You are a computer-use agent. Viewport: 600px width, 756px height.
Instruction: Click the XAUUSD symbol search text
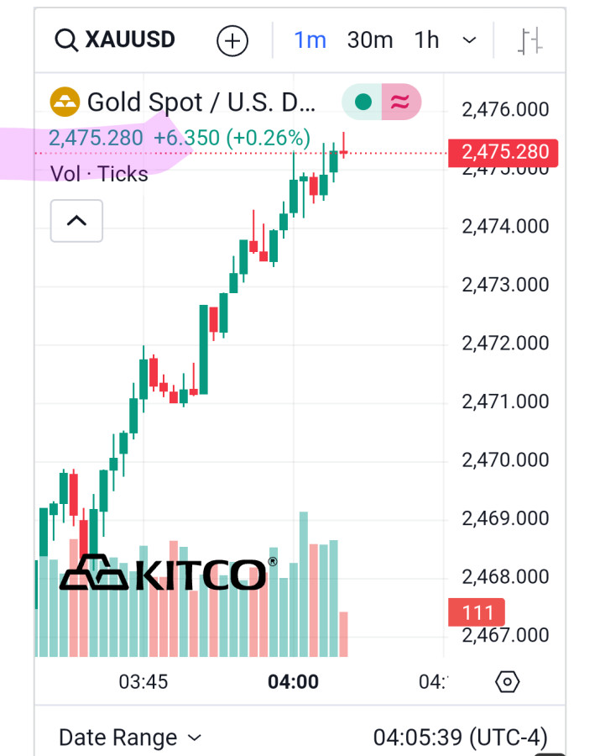click(129, 39)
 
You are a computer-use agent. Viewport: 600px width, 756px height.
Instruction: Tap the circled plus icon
click(232, 40)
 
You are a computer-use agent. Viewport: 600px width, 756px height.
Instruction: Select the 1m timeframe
click(310, 40)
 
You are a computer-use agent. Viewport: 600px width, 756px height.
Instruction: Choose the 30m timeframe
click(370, 40)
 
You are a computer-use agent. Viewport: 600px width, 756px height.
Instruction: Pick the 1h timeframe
click(426, 40)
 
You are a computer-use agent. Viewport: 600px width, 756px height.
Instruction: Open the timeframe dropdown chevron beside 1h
click(470, 40)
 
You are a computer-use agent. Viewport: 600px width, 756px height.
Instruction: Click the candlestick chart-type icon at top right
click(531, 40)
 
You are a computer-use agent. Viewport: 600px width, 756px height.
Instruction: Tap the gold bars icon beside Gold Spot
click(65, 102)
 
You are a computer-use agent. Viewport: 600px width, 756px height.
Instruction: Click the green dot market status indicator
click(363, 102)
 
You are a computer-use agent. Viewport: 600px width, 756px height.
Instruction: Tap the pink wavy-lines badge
click(401, 102)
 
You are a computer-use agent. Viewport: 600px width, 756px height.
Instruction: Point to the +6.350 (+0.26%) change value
click(232, 138)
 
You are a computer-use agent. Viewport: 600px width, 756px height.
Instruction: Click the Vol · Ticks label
click(99, 174)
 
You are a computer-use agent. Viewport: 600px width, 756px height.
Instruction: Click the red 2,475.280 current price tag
click(504, 152)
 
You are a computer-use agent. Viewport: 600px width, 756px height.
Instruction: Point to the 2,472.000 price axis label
click(505, 343)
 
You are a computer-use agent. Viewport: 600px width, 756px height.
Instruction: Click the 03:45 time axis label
click(143, 681)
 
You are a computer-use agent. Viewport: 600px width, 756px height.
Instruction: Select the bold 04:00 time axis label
click(293, 681)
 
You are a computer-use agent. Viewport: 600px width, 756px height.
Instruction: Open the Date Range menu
click(130, 738)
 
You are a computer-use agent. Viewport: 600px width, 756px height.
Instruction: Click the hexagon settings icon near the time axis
click(508, 681)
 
